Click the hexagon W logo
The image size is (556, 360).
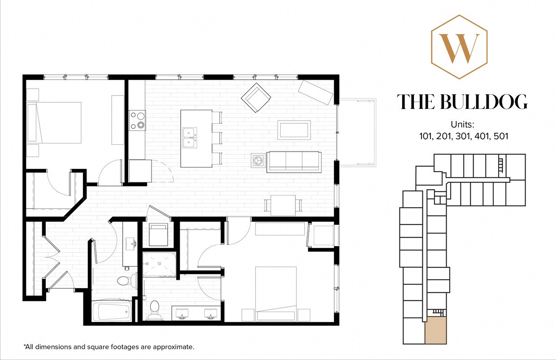(459, 47)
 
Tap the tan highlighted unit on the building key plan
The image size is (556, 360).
(435, 330)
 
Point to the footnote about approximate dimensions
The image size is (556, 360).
(109, 347)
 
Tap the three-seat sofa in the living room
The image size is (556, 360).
(294, 161)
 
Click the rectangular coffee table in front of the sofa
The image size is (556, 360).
(294, 130)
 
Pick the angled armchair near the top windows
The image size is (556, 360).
(256, 98)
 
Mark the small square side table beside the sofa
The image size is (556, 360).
(258, 160)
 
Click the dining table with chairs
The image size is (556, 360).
(283, 205)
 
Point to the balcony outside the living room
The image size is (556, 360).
(357, 132)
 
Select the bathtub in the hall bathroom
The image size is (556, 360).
(112, 312)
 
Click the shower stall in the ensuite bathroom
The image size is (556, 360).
(159, 265)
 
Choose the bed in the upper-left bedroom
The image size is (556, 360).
(55, 122)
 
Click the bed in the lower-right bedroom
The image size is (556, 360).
(276, 294)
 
